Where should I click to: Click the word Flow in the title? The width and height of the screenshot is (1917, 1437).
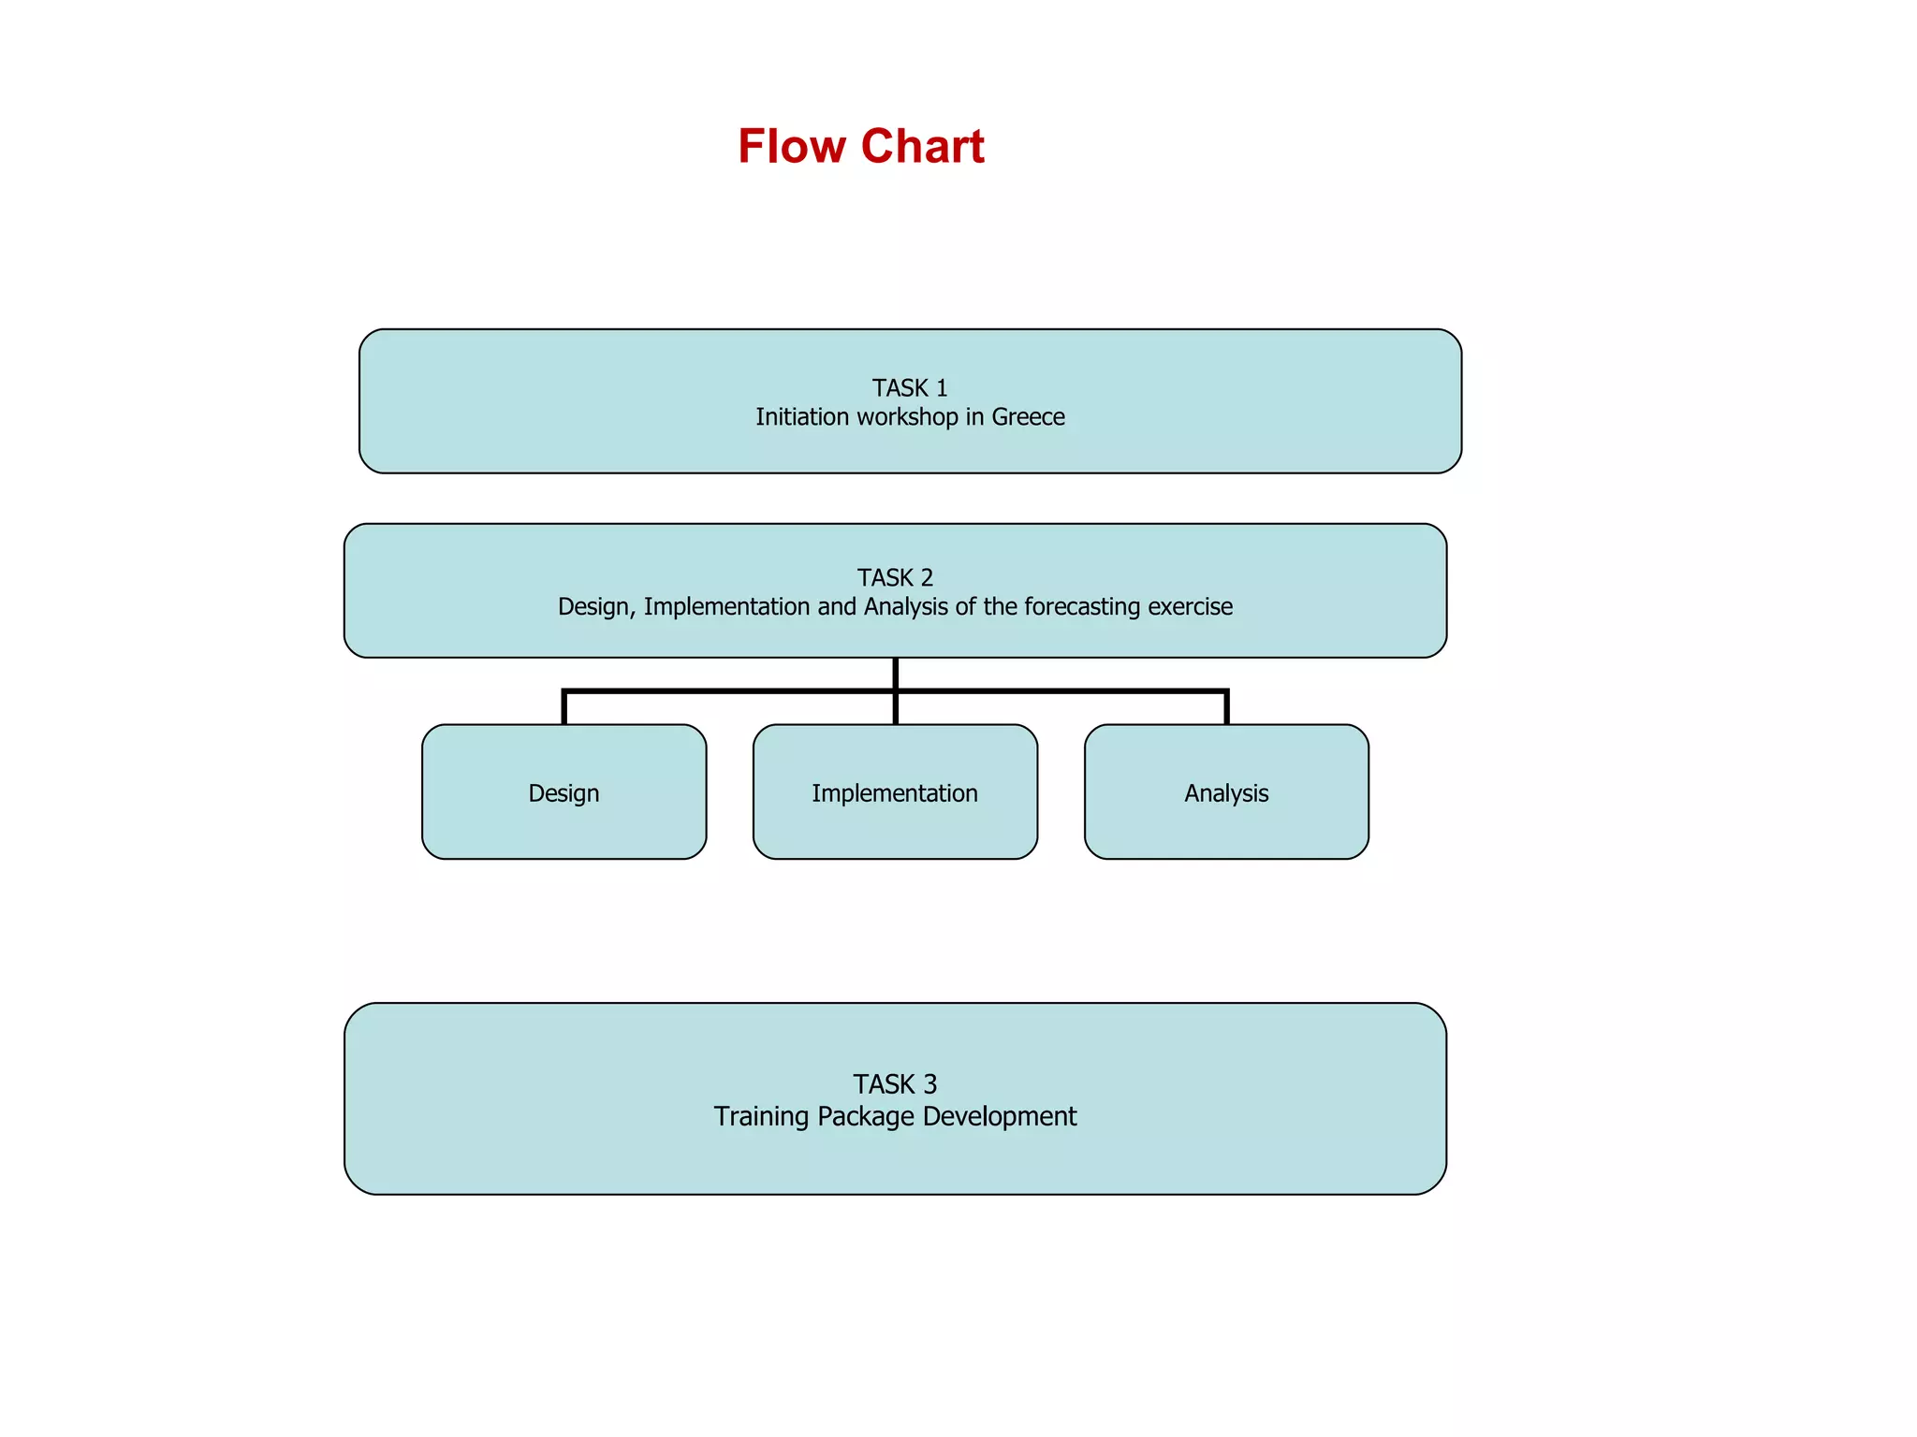tap(792, 147)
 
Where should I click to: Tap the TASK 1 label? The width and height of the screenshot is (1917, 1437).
tap(910, 387)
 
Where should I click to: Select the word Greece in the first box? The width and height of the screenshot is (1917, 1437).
tap(1028, 417)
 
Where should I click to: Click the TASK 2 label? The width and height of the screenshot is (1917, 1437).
tap(895, 577)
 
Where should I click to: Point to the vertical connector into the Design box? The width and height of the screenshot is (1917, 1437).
tap(564, 708)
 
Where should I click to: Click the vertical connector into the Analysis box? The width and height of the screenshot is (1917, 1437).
tap(1226, 708)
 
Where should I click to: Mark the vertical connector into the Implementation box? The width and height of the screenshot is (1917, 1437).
tap(896, 709)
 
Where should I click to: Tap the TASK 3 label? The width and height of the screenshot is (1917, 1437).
tap(895, 1084)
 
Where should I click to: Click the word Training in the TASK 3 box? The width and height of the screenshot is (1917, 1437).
tap(761, 1117)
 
